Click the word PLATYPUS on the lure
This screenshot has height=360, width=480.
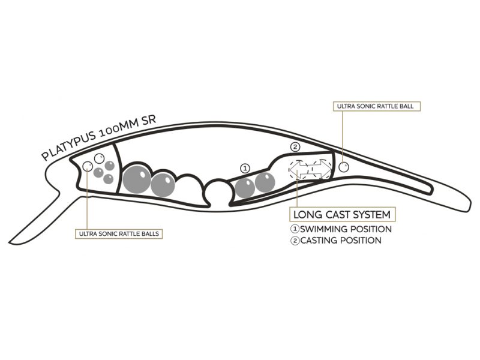(x=68, y=148)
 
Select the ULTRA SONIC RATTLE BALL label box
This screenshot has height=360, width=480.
(x=377, y=106)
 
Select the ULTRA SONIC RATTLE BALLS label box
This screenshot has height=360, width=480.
(x=118, y=233)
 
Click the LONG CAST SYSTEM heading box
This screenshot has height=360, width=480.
(x=342, y=214)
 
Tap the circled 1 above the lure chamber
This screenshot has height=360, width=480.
(x=244, y=168)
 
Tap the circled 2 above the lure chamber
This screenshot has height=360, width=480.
(x=295, y=147)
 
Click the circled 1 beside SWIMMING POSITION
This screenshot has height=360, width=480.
(x=295, y=229)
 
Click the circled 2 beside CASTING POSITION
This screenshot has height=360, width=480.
(x=295, y=241)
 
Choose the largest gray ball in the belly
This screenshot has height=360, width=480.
(x=137, y=178)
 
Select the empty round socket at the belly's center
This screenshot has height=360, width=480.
(x=217, y=193)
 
